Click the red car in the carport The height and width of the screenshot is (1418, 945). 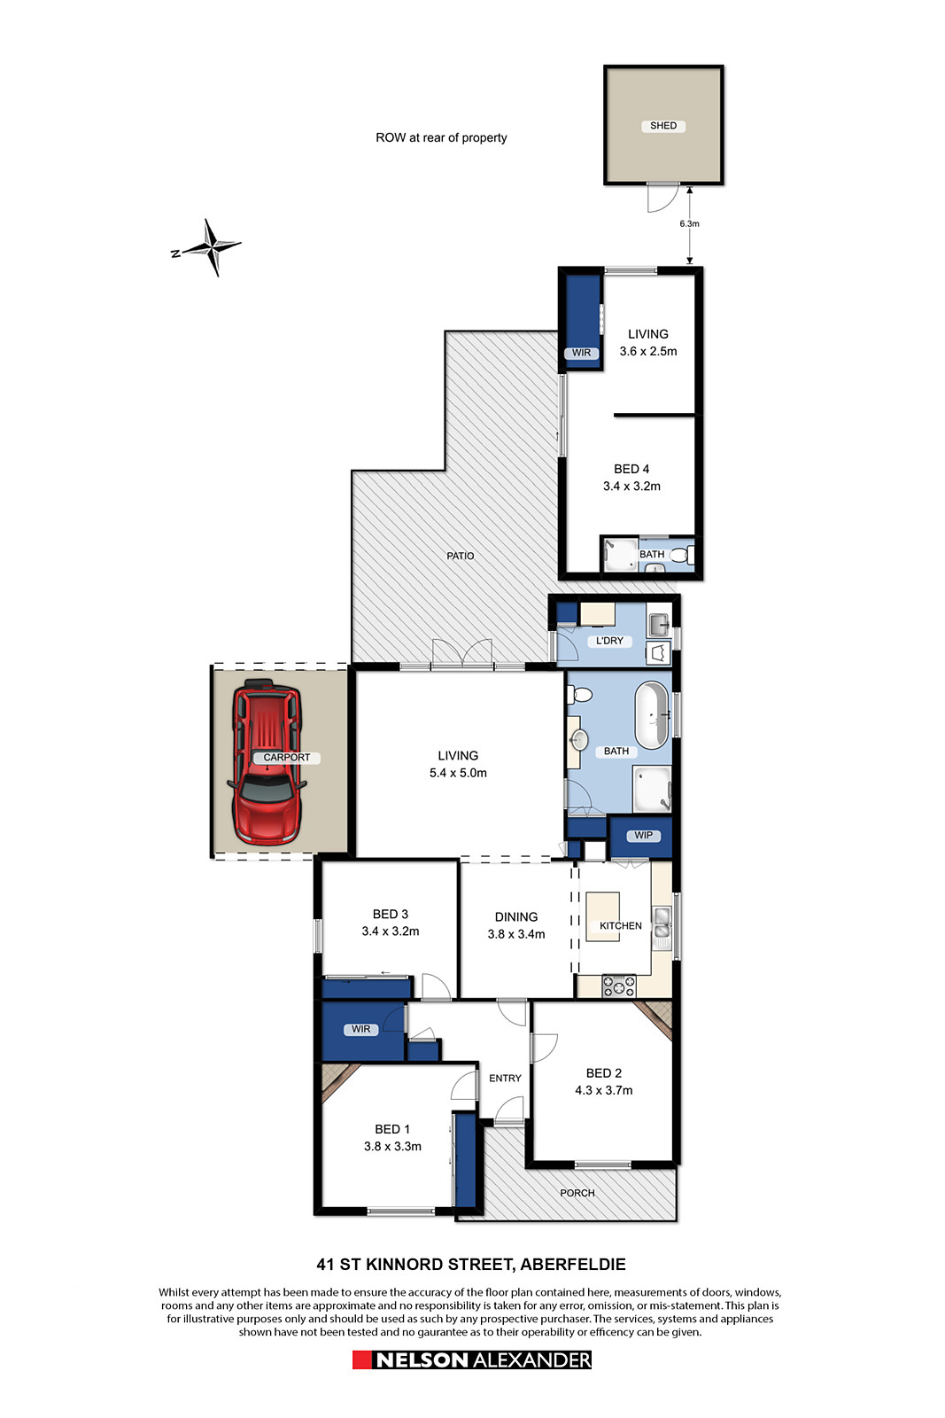[267, 761]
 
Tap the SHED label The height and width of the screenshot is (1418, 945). [662, 125]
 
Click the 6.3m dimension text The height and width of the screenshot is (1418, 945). [689, 223]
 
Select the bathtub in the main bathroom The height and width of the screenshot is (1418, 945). [651, 715]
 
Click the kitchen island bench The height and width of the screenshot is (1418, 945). [602, 916]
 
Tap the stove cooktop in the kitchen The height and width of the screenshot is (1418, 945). [618, 986]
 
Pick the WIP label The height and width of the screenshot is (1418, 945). [643, 835]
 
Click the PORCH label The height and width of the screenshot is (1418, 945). [577, 1193]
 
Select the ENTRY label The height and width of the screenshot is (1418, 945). [505, 1078]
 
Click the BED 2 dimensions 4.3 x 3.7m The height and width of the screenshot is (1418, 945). [603, 1090]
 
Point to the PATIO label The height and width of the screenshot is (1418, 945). [460, 556]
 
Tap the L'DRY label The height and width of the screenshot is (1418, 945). [609, 641]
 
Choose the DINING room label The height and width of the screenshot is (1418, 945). [516, 916]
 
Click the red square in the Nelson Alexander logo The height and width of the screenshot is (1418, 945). [361, 1360]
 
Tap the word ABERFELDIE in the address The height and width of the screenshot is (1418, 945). [573, 1264]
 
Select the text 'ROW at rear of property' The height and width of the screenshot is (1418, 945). [441, 137]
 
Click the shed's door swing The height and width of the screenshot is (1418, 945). [662, 198]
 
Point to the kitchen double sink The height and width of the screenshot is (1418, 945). [661, 923]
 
